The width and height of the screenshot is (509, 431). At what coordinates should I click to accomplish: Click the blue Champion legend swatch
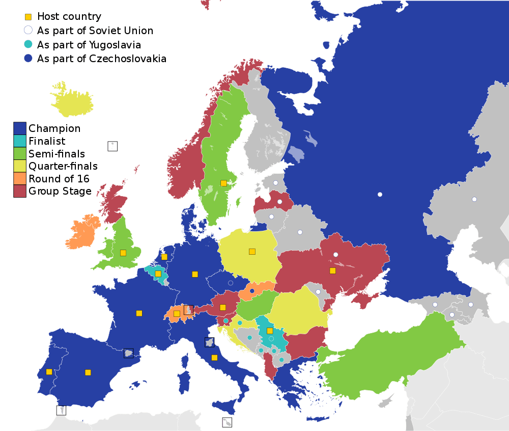20,128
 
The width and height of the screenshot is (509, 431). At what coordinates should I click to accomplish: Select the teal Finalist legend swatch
20,141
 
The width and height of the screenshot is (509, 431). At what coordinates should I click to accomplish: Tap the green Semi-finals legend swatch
20,153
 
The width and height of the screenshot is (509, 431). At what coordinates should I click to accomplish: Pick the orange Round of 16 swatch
20,178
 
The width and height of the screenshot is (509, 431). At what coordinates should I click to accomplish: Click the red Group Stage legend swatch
20,191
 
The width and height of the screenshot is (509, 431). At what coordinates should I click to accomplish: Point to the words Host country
69,17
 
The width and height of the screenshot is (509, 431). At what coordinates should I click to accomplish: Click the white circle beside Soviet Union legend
29,31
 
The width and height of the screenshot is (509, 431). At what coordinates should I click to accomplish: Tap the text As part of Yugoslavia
89,45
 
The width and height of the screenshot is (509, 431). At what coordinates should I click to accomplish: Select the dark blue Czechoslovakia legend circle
29,59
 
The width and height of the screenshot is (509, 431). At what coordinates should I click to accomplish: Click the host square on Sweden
223,183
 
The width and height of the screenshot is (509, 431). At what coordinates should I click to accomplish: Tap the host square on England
123,253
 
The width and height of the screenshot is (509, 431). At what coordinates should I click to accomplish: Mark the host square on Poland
252,251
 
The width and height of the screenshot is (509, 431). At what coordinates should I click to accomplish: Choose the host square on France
139,313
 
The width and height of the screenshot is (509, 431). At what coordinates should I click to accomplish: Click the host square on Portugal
49,371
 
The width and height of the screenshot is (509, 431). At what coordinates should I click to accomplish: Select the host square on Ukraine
332,271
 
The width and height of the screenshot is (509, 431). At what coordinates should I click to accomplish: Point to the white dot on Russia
380,194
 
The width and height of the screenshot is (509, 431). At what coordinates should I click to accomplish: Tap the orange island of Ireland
84,232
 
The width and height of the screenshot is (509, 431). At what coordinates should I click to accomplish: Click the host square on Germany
195,274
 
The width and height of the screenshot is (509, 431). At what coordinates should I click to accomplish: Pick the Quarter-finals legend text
63,166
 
